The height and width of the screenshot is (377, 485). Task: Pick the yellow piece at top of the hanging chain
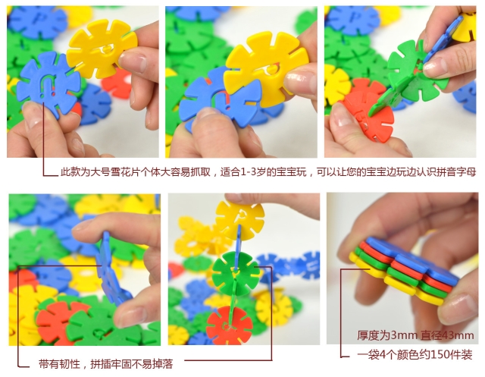click(239, 220)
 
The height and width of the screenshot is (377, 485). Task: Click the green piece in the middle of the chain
click(236, 273)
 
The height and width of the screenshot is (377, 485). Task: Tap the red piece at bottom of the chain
click(230, 325)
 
